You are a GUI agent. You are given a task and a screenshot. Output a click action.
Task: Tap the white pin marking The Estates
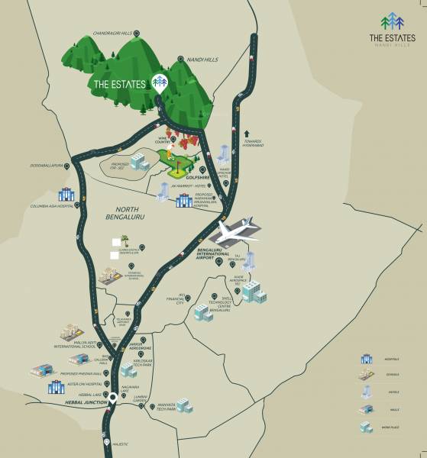(x=160, y=82)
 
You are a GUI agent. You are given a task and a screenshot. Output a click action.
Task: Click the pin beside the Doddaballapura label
(x=68, y=165)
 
